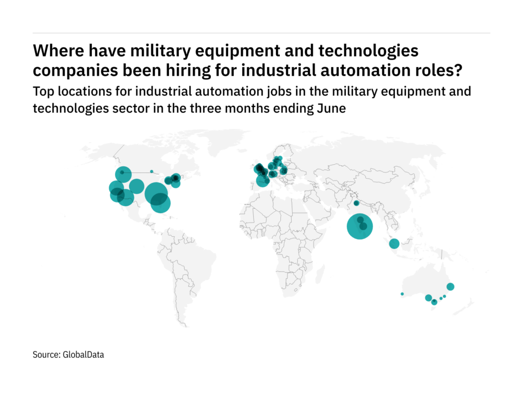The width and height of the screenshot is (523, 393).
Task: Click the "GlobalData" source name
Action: click(83, 354)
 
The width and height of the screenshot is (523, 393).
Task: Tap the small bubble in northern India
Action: click(356, 203)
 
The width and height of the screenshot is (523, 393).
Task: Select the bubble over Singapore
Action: click(394, 244)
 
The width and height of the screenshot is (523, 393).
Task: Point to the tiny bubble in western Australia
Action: click(402, 294)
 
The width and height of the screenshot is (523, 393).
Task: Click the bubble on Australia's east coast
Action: click(450, 287)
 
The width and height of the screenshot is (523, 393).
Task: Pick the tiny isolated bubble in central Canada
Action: click(152, 171)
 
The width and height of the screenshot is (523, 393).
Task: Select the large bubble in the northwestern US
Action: click(123, 174)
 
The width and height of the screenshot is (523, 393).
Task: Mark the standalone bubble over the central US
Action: click(136, 186)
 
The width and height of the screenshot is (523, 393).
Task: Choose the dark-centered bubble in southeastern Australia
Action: click(434, 302)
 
